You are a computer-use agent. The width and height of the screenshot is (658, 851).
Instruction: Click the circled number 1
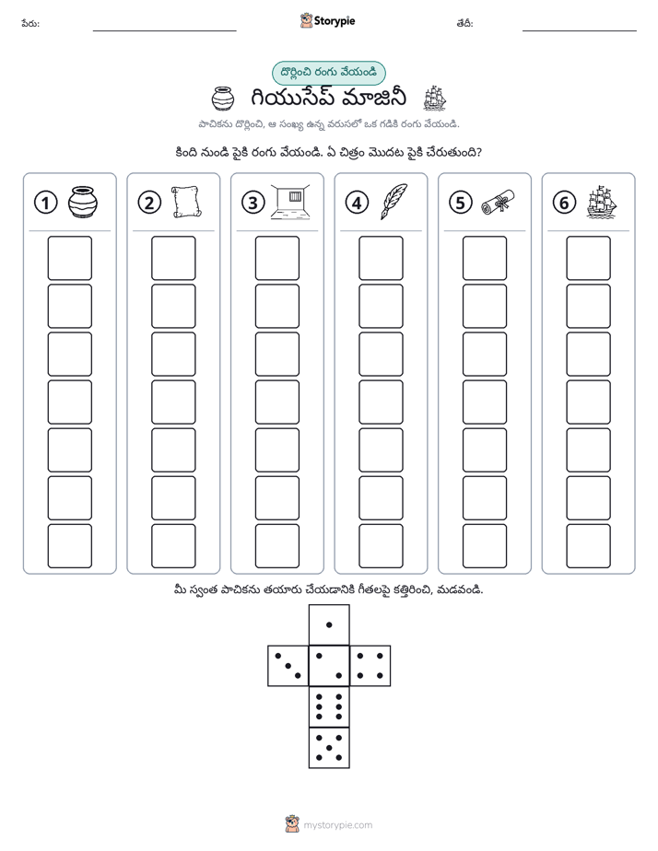point(45,203)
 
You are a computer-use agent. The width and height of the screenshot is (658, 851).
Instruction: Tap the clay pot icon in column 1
point(83,202)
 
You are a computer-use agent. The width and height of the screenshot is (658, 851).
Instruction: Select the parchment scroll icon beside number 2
point(187,202)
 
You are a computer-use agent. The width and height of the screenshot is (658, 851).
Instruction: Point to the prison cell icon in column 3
point(290,202)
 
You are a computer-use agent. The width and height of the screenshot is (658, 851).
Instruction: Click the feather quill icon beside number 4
point(394,202)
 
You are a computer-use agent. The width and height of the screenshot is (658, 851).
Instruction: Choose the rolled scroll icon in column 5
point(498,202)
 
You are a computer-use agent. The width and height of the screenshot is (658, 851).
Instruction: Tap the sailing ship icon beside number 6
point(602,202)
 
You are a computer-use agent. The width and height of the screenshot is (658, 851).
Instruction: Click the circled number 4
point(357,203)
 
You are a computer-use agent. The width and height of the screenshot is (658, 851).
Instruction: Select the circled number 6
point(564,203)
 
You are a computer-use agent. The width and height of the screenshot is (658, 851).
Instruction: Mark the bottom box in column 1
point(69,546)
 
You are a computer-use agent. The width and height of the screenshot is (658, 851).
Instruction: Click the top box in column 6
point(589,258)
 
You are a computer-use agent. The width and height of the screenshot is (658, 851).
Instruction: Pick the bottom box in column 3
point(276,546)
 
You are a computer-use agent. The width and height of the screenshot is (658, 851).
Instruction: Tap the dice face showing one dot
point(329,624)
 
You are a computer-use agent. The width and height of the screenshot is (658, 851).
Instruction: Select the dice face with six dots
point(329,706)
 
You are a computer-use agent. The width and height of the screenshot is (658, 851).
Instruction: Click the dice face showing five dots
point(329,748)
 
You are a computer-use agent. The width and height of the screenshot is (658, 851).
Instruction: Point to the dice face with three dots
point(288,666)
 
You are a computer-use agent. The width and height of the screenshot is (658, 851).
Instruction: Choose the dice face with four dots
point(370,666)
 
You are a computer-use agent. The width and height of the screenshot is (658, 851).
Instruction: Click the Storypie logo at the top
point(327,21)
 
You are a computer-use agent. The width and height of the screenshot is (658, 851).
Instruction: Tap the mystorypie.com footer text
point(337,825)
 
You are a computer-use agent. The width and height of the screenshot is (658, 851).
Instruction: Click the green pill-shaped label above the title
point(328,73)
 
